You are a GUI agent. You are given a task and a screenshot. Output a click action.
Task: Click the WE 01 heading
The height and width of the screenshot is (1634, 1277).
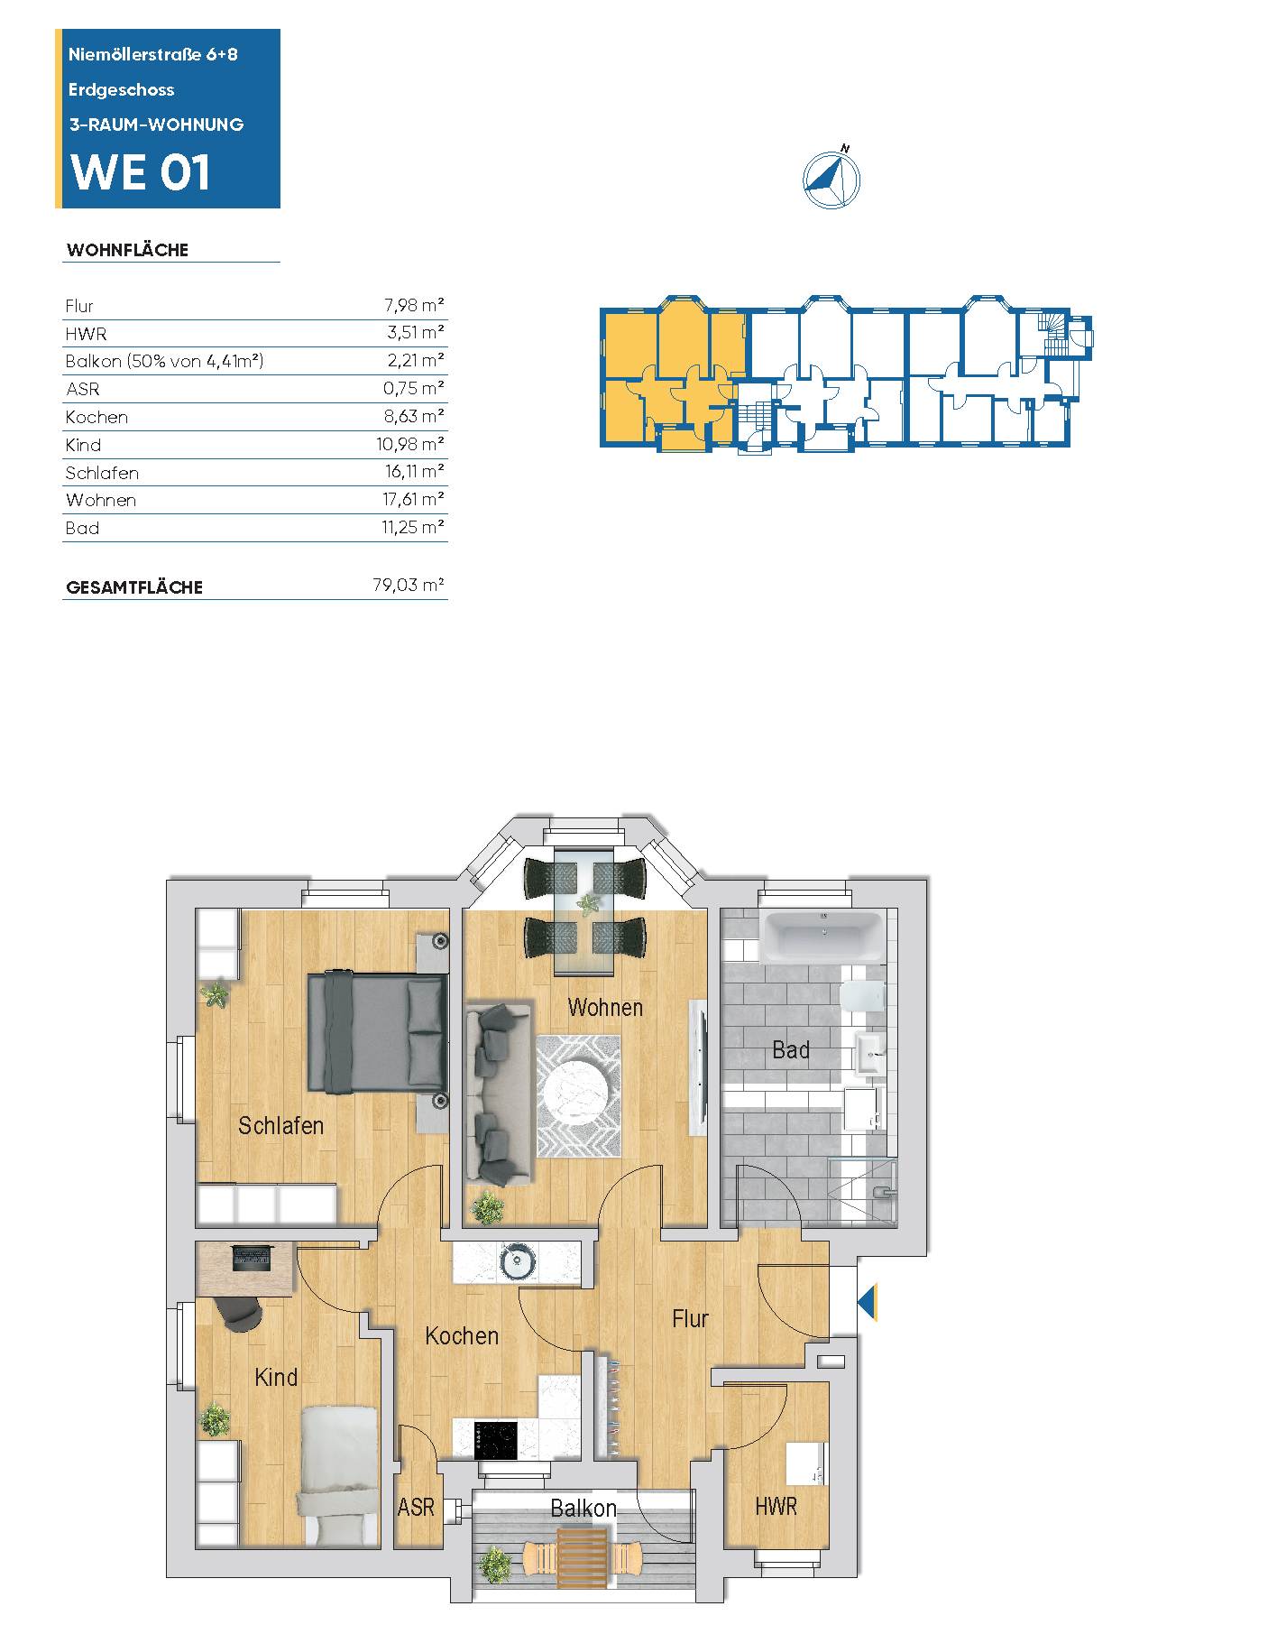coord(141,171)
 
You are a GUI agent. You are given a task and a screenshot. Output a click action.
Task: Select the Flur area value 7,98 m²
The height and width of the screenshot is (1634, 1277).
coord(414,305)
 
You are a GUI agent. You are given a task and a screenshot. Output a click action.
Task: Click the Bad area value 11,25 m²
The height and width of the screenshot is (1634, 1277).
coord(413,527)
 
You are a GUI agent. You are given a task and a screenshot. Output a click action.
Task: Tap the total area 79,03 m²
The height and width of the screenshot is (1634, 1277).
coord(409,585)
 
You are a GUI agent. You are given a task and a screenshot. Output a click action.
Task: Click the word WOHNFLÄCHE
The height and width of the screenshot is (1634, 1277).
coord(127,250)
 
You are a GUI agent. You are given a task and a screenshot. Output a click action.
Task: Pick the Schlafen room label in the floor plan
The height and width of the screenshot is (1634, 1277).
coord(280,1125)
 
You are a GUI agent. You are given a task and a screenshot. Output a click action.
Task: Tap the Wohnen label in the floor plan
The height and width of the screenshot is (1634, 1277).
coord(605,1007)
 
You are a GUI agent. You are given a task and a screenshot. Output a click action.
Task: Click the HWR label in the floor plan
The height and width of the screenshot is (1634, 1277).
coord(776,1506)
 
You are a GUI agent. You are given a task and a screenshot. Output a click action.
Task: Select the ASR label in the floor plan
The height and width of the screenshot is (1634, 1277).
coord(416,1507)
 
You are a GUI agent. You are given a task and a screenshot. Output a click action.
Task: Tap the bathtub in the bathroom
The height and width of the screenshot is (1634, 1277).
coord(822,934)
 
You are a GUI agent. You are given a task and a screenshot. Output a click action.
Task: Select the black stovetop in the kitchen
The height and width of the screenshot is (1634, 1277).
coord(496,1439)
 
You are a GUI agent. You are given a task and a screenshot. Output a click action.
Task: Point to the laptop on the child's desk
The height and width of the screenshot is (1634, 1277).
coord(252,1259)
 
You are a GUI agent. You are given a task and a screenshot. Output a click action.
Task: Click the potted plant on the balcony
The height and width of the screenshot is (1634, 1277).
coord(496,1565)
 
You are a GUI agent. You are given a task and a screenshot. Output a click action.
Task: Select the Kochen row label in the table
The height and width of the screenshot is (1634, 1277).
coord(96,417)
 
